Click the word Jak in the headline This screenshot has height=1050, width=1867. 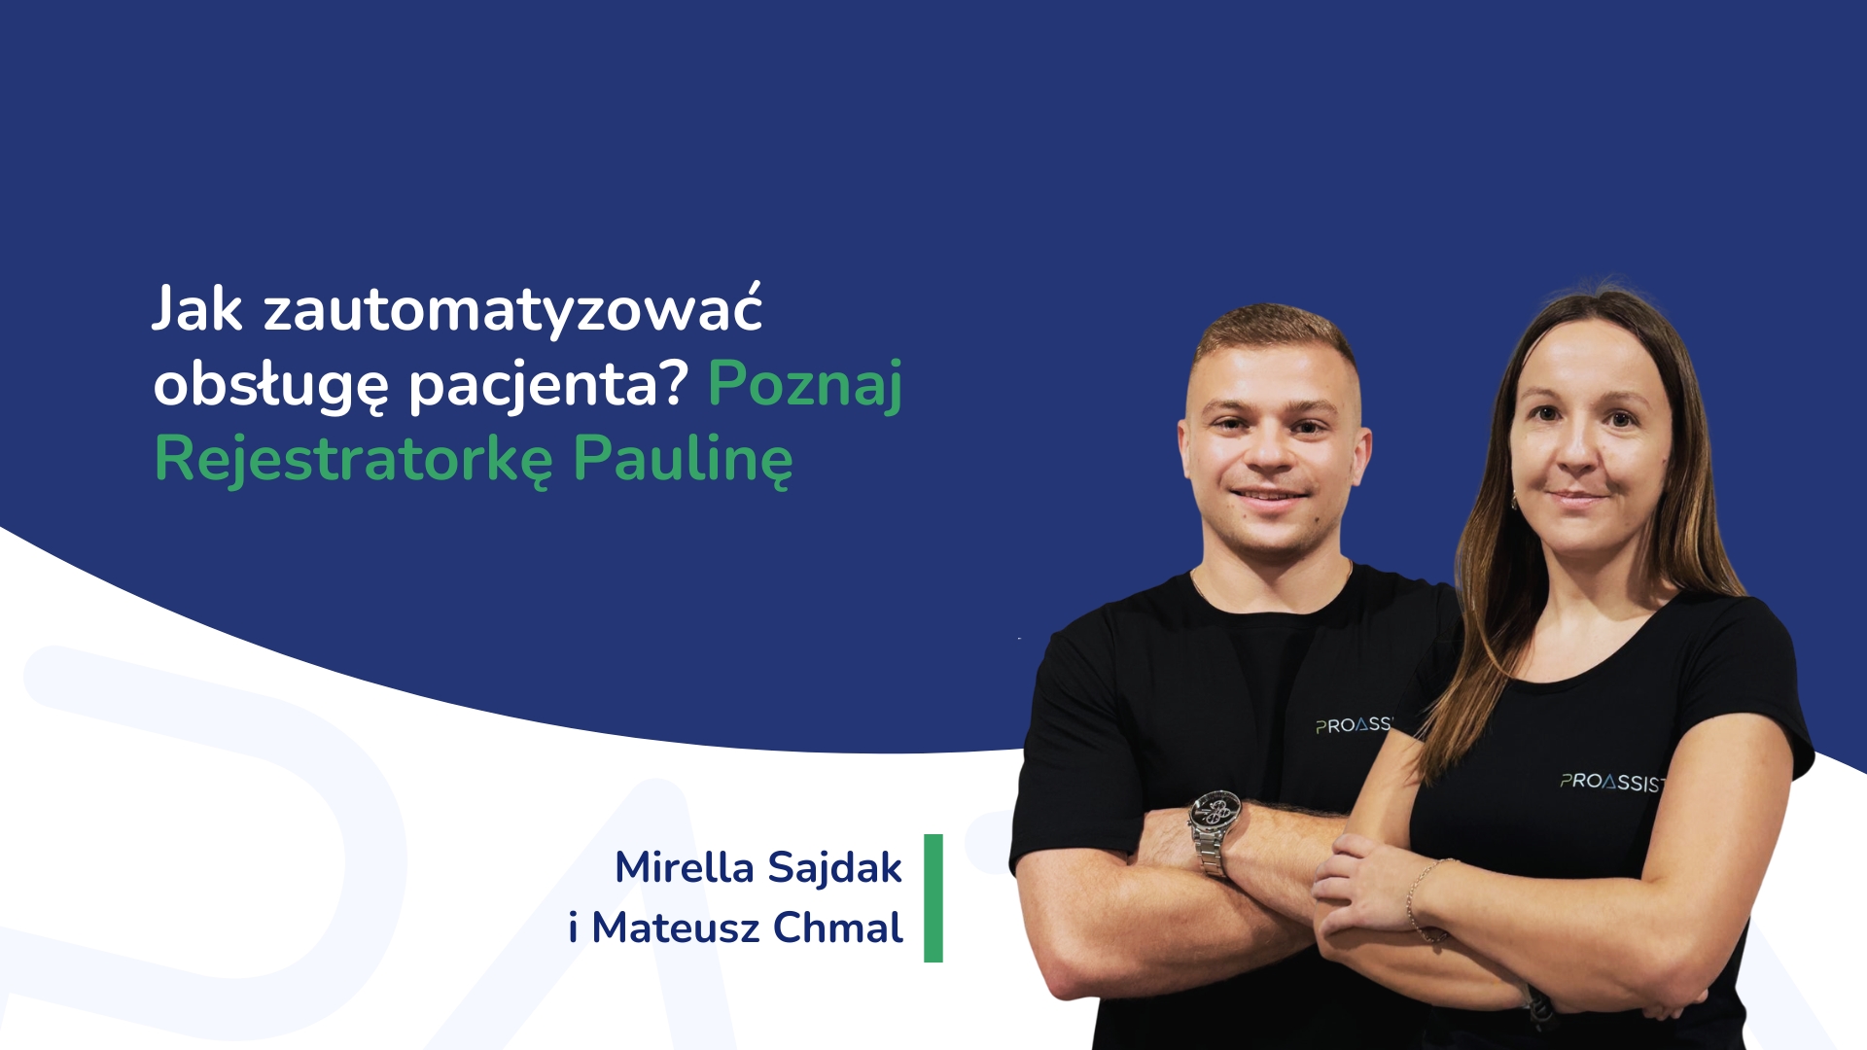(x=197, y=309)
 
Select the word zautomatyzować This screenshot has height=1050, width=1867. (x=512, y=309)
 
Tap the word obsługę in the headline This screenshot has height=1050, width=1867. (x=270, y=386)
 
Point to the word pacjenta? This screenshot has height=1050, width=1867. (x=548, y=386)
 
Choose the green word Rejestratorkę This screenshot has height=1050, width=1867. (x=353, y=460)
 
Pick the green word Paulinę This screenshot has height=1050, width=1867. (x=683, y=460)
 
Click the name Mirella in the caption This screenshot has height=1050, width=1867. (x=684, y=867)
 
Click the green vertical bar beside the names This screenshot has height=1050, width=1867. (x=933, y=898)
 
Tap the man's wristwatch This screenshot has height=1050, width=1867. (x=1215, y=827)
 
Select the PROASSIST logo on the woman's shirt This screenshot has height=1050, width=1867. (x=1612, y=783)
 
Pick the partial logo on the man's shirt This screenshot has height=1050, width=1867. (x=1355, y=725)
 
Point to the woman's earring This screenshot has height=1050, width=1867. (x=1514, y=503)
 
